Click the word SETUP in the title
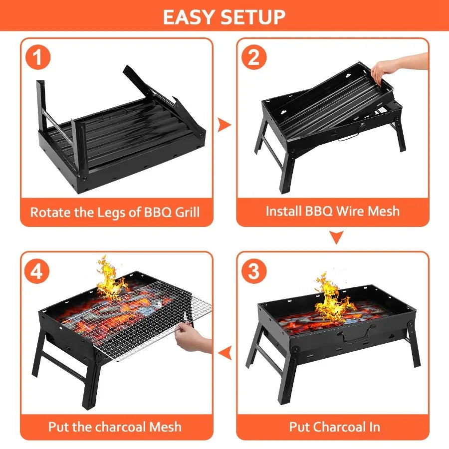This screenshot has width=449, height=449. pos(253,17)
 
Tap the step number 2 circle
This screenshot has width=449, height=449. pos(254,58)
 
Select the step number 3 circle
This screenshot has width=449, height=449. pos(254,272)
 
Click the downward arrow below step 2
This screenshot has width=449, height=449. pos(337,237)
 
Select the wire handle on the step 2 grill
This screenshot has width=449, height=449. pos(347,136)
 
